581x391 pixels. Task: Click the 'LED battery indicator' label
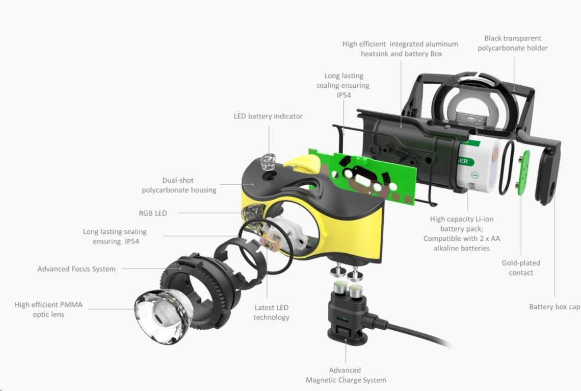tap(268, 116)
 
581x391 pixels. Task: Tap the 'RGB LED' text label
tap(153, 213)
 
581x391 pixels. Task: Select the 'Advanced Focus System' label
tap(76, 269)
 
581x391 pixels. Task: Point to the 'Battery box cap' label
tap(554, 307)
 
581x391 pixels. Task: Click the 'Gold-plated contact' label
tap(520, 267)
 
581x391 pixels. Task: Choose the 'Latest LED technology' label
tap(271, 312)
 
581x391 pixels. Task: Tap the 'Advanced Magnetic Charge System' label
tap(346, 375)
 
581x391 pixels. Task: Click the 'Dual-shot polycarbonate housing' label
tap(178, 185)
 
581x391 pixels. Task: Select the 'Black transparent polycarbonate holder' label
tap(512, 43)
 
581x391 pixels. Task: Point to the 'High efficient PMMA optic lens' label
tap(48, 309)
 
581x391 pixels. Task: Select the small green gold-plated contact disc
tap(523, 173)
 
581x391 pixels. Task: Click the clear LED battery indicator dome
tap(268, 162)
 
